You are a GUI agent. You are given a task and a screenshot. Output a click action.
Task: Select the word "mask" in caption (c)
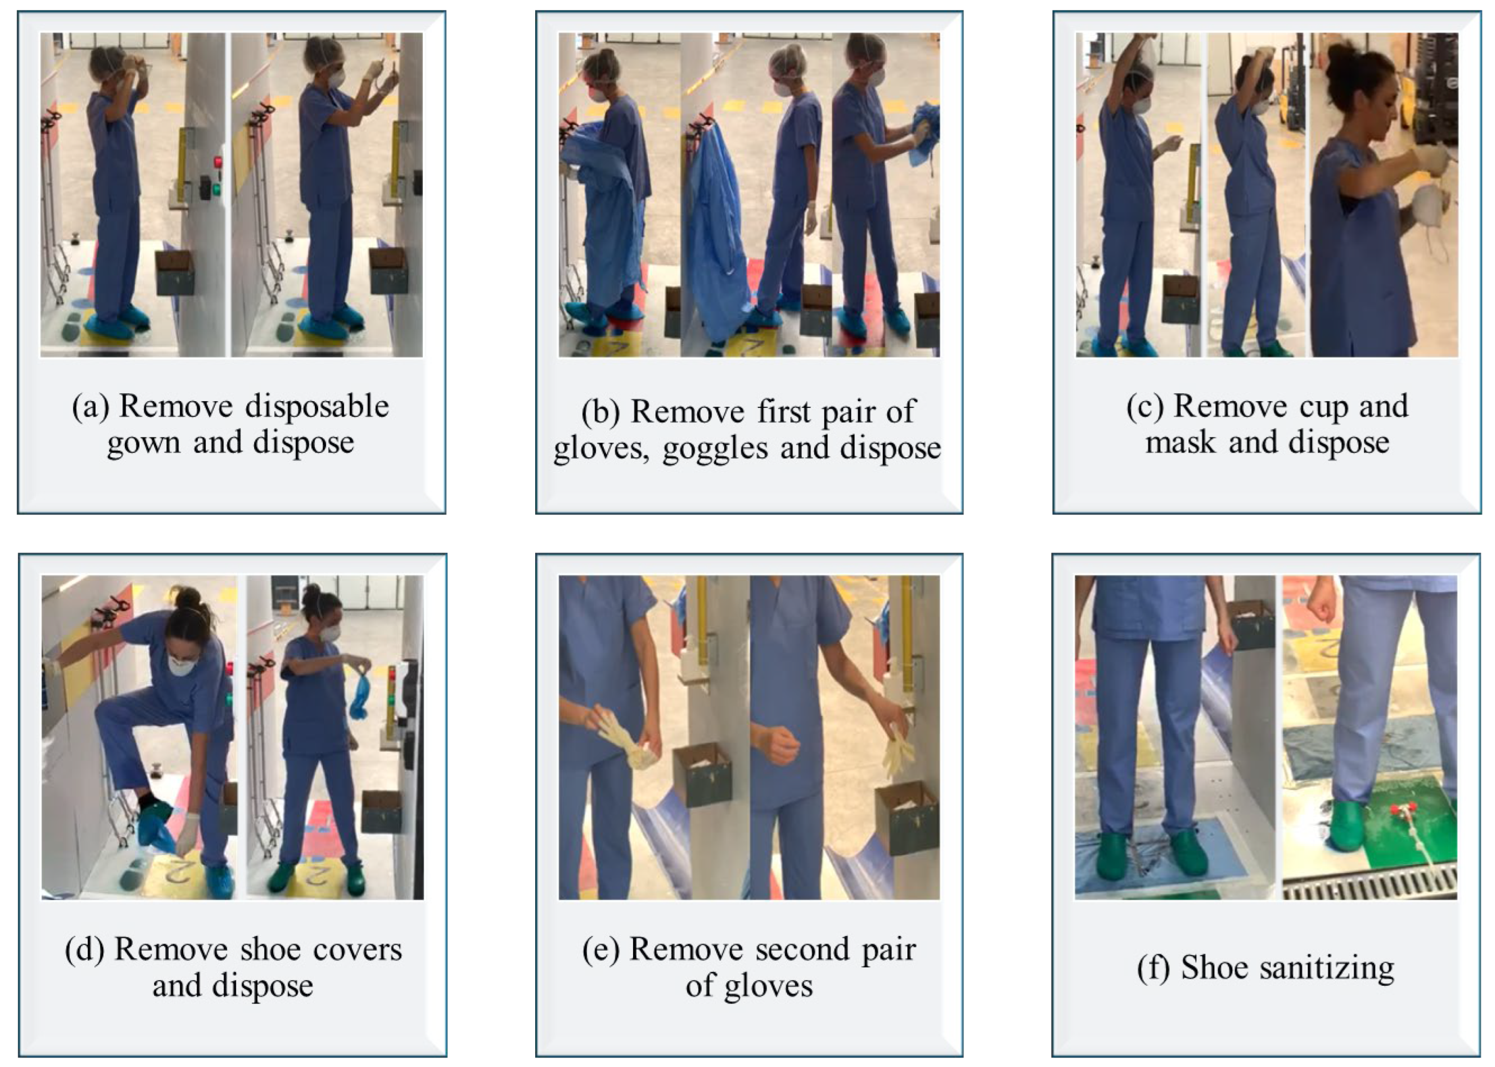click(x=1180, y=442)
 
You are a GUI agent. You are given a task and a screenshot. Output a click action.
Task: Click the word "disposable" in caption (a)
click(x=318, y=407)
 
